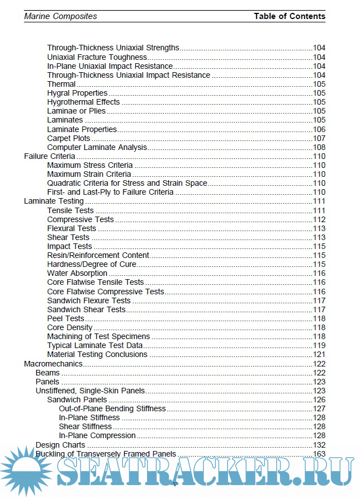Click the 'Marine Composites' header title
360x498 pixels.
[60, 16]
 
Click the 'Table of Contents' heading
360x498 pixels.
[289, 16]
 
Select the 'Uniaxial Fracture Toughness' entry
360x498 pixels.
[97, 57]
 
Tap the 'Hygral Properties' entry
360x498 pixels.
[77, 93]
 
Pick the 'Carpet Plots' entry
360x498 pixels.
[68, 138]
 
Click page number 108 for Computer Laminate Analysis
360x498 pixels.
[319, 147]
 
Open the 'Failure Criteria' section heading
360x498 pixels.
[50, 156]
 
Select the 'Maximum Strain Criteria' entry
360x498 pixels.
[89, 174]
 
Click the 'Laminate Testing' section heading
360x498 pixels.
[54, 201]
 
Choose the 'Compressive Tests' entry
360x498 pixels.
[80, 219]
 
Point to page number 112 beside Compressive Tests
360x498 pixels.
[319, 219]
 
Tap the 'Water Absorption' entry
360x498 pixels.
[77, 273]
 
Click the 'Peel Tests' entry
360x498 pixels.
[65, 318]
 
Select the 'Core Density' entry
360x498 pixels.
[70, 327]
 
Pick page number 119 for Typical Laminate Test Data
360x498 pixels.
[319, 345]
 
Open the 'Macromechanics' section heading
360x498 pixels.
[53, 364]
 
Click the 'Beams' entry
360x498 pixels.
[48, 373]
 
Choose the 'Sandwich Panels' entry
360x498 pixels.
[77, 400]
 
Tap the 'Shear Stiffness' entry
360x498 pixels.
[85, 426]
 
